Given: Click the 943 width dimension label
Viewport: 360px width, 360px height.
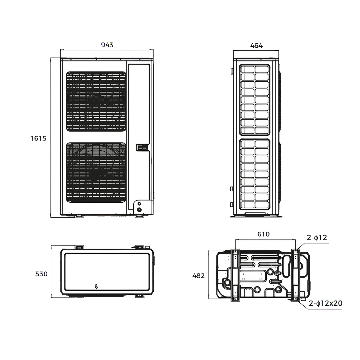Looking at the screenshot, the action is click(x=107, y=45).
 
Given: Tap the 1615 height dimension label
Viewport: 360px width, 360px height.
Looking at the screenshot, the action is click(x=38, y=138).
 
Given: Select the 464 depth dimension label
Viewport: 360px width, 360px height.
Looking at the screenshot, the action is click(x=256, y=45).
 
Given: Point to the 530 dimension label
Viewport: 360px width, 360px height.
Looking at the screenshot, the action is click(x=41, y=274).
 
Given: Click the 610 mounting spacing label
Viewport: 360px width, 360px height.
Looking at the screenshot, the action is click(x=263, y=234).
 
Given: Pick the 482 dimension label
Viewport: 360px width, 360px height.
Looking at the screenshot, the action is click(x=198, y=276).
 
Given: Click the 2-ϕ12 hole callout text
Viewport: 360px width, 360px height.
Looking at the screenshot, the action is click(x=317, y=237).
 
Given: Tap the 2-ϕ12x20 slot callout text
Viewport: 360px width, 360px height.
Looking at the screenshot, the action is click(x=326, y=303).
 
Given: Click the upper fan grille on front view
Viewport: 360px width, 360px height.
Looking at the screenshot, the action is click(x=96, y=101).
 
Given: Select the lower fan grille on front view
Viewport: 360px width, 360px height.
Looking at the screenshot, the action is click(x=96, y=172).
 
